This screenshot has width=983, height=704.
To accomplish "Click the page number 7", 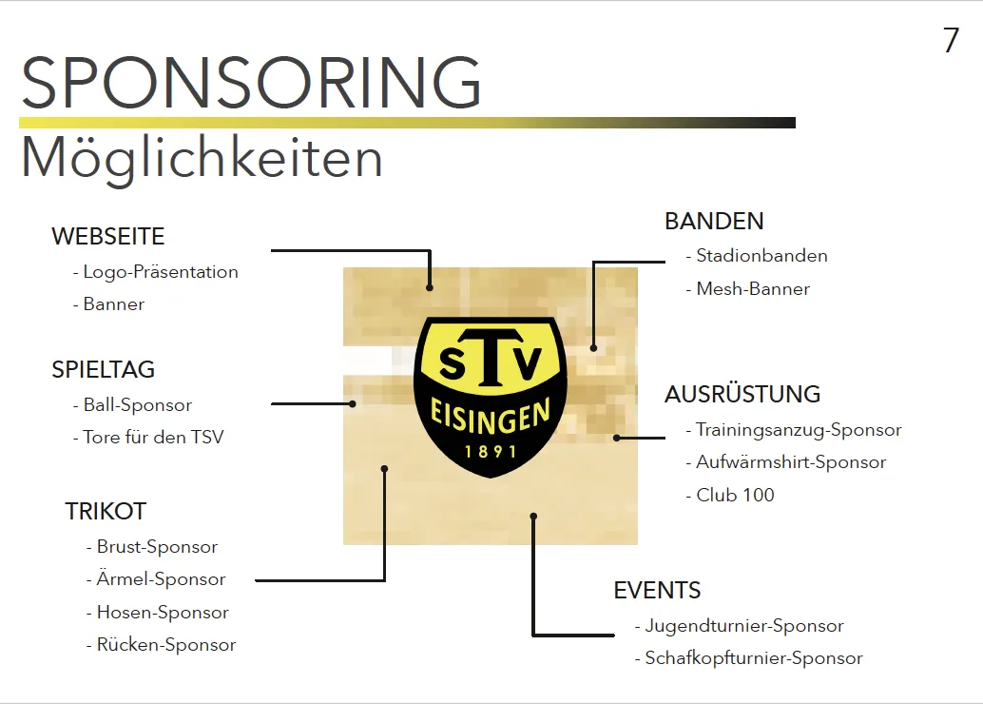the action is (951, 40).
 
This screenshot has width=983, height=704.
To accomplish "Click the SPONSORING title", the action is (251, 82).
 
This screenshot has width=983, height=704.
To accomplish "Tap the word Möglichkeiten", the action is (202, 159).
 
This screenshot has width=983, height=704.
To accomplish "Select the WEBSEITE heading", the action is (107, 237).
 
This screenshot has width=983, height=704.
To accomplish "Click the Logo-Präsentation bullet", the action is (156, 272).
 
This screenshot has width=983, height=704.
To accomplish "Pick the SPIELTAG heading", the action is (103, 369).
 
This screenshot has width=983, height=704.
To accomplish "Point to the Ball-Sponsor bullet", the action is (132, 405).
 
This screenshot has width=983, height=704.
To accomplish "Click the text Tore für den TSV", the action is (148, 438).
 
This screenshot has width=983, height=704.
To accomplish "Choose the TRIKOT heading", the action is (106, 512).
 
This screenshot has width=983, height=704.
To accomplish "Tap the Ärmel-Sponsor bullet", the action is (156, 579).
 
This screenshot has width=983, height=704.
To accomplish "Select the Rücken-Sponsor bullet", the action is (161, 645).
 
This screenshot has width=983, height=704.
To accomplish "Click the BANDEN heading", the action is (714, 222).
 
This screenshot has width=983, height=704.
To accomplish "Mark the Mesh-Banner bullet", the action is (748, 289).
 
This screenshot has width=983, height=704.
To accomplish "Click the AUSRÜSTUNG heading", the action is (742, 394).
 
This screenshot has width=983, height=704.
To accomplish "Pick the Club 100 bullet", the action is (730, 495).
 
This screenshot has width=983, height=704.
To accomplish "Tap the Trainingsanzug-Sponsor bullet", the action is (794, 430).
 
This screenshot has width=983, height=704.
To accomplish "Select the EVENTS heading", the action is (657, 591).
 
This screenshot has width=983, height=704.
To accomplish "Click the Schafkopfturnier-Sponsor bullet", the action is (748, 658).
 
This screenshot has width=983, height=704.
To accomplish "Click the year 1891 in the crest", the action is (491, 451).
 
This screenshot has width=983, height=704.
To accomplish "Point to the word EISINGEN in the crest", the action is (491, 416).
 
